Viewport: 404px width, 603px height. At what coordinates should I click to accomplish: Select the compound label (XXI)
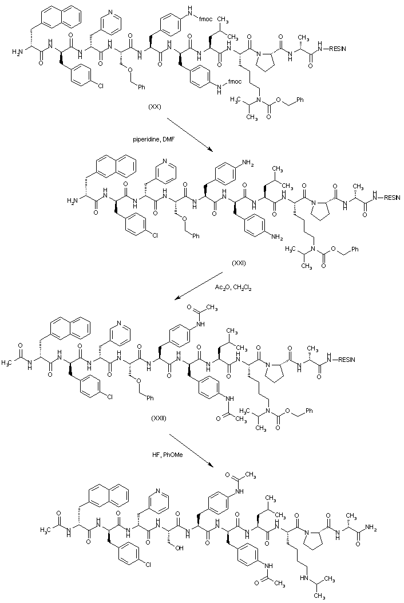coord(240,263)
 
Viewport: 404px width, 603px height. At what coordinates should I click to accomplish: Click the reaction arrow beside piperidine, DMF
coord(188,135)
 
